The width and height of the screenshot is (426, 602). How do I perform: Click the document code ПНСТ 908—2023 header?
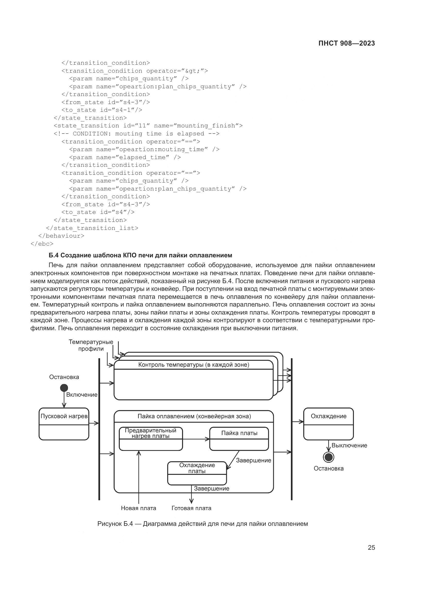(x=346, y=43)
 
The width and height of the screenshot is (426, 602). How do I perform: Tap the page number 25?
(x=371, y=547)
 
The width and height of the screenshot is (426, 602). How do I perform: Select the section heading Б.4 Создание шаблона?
(x=140, y=255)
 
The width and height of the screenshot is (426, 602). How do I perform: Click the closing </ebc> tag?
(x=42, y=243)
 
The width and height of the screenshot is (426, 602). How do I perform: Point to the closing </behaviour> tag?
(x=61, y=236)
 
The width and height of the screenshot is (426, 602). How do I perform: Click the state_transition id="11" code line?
(x=148, y=126)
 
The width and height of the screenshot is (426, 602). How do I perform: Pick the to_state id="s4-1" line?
(x=102, y=110)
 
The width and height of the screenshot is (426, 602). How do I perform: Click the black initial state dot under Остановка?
(x=64, y=388)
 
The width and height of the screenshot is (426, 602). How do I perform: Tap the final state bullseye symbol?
(x=328, y=457)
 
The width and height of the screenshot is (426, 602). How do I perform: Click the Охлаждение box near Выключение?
(x=328, y=424)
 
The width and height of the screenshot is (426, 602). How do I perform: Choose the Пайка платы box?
(x=239, y=439)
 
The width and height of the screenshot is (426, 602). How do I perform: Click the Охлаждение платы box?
(x=197, y=473)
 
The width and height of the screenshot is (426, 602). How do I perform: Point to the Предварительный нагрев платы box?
(x=151, y=439)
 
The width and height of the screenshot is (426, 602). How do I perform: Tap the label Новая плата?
(x=139, y=508)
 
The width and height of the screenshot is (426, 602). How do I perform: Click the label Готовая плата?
(x=191, y=508)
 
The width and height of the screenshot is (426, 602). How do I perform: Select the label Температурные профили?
(x=91, y=345)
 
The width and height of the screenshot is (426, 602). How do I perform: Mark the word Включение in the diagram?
(x=82, y=395)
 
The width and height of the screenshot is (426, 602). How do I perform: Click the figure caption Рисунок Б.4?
(x=202, y=524)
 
